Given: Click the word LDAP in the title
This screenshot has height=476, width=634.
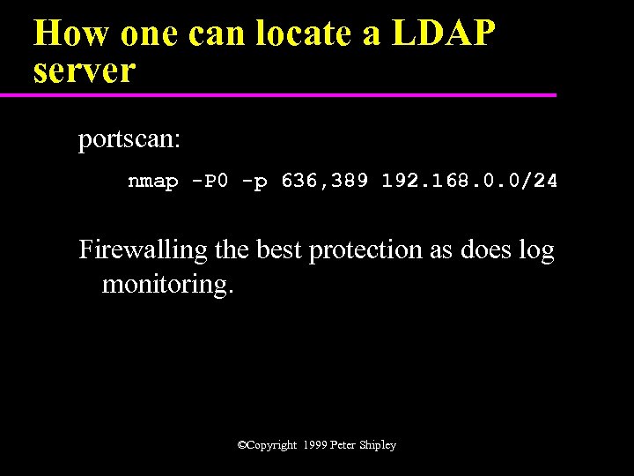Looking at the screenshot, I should click(445, 34).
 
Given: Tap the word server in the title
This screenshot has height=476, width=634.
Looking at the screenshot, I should click(85, 71).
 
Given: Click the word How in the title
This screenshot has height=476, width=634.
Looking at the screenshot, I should click(71, 34).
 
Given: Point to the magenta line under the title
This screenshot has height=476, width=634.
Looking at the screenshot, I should click(291, 94).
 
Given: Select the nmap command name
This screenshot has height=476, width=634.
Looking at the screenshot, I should click(151, 182).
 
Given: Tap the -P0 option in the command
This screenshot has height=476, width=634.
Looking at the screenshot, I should click(210, 182).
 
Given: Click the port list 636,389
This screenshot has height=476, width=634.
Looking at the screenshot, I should click(325, 182).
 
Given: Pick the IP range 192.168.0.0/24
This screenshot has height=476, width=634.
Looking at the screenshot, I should click(468, 182).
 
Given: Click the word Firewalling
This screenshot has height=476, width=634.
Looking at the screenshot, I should click(144, 250).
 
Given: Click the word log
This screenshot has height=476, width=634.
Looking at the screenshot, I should click(535, 251).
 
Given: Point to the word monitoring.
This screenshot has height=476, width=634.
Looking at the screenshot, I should click(168, 286).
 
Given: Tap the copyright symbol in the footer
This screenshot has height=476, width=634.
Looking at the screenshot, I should click(242, 445).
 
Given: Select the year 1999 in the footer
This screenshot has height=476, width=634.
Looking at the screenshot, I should click(313, 445).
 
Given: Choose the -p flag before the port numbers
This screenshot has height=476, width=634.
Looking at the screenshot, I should click(254, 182).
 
